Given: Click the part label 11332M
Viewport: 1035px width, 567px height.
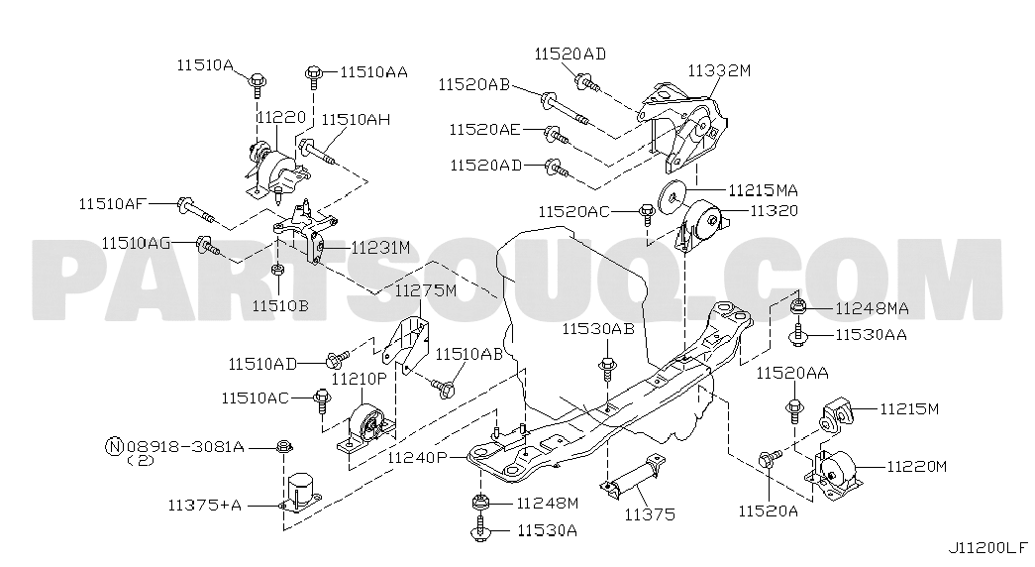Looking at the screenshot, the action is click(719, 70).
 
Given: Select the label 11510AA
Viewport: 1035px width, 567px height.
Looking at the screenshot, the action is click(373, 72).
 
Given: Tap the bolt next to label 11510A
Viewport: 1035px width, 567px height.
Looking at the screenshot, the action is click(257, 85).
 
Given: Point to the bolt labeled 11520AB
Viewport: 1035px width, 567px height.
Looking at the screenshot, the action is click(564, 109).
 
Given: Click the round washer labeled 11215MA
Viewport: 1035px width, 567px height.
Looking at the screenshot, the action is click(672, 196).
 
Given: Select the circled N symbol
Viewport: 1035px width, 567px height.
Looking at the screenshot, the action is click(112, 447).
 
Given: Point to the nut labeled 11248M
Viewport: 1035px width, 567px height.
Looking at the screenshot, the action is click(480, 504).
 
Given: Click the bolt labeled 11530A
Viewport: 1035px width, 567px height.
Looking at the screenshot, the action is click(480, 529).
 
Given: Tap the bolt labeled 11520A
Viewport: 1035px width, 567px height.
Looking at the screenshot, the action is click(769, 458).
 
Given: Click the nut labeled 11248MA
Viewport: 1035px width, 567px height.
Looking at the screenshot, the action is click(797, 306).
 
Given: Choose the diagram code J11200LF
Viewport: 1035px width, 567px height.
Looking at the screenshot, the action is click(988, 548).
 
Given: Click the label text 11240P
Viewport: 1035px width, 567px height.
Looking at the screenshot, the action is click(418, 457).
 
